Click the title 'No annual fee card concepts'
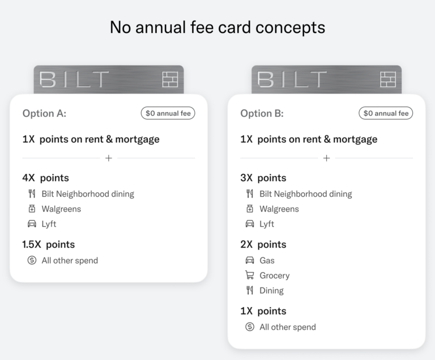(217, 28)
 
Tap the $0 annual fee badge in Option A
(168, 113)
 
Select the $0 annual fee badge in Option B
(386, 113)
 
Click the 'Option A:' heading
(44, 113)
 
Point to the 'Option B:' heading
(262, 113)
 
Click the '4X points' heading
(45, 178)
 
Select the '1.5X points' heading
(49, 245)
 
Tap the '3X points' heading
(263, 178)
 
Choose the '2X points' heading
(263, 245)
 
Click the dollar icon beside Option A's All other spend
(32, 261)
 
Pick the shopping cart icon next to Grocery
(250, 276)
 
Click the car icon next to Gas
(250, 260)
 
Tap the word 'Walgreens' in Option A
(61, 209)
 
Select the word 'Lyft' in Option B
(267, 224)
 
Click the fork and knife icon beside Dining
(250, 290)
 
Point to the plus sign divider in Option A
(109, 158)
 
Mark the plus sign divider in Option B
(326, 158)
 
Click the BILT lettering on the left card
(74, 79)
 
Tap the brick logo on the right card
(388, 79)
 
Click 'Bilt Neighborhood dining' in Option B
(305, 194)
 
